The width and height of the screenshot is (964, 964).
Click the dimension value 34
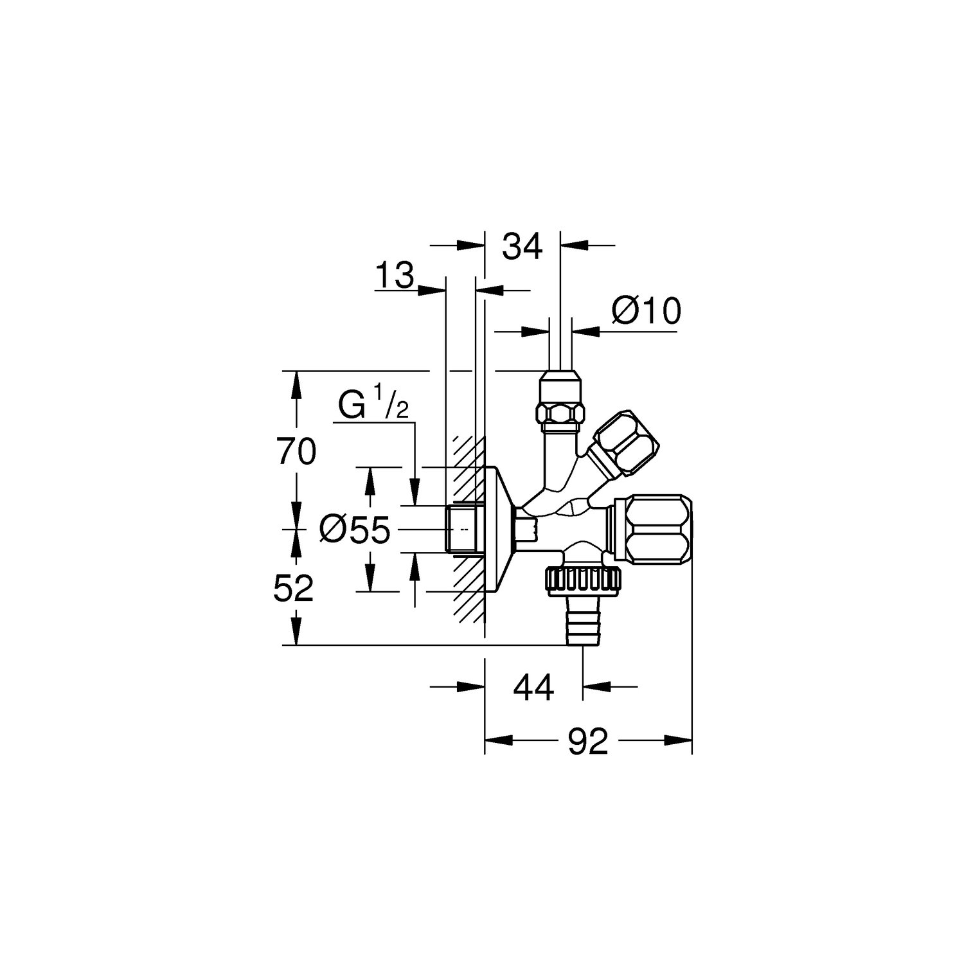click(x=522, y=247)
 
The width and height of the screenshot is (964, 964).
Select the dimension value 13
click(x=394, y=276)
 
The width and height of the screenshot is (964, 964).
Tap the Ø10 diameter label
click(x=646, y=312)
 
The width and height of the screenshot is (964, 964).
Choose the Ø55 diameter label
click(x=355, y=530)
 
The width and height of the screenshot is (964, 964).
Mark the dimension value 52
click(x=293, y=588)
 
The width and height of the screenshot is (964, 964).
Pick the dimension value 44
click(x=533, y=689)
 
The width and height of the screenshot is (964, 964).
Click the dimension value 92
click(x=588, y=742)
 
